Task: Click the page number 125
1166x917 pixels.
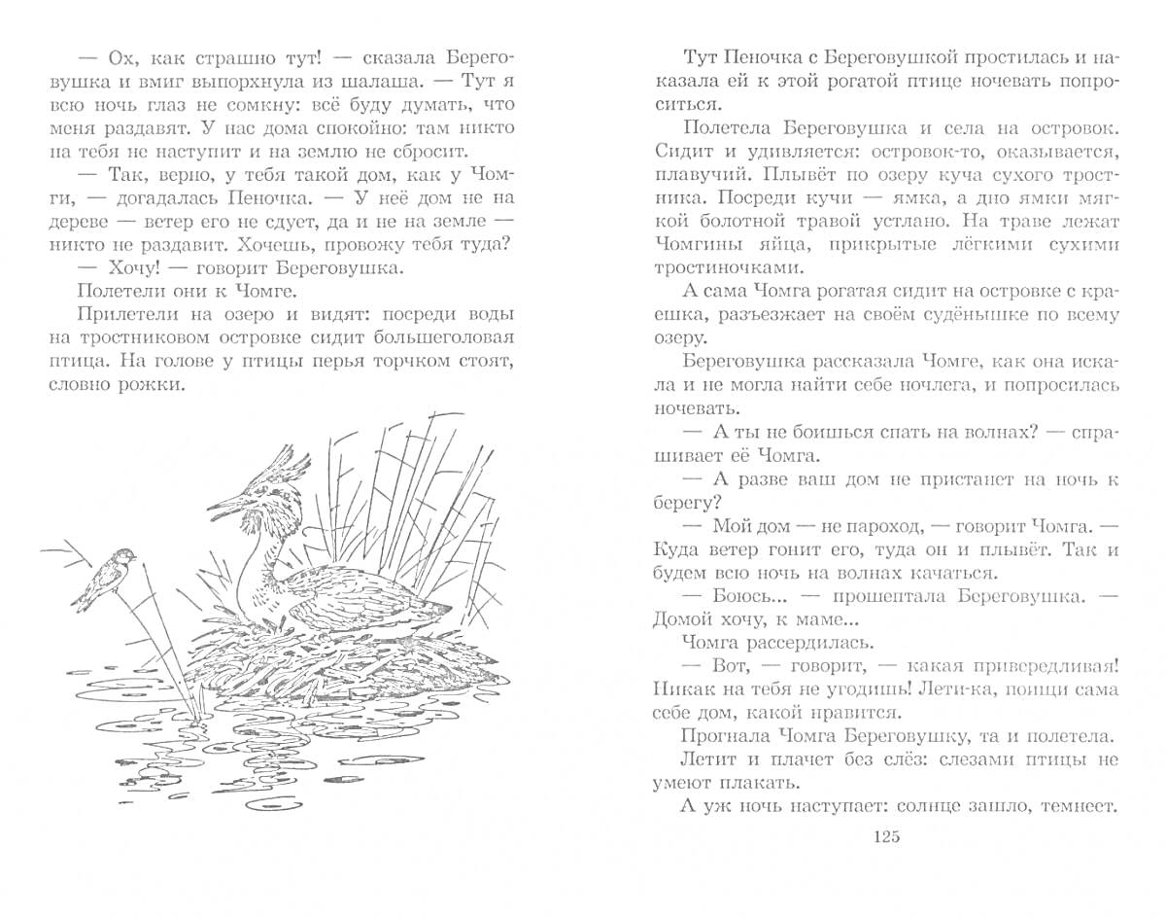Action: tap(887, 837)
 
